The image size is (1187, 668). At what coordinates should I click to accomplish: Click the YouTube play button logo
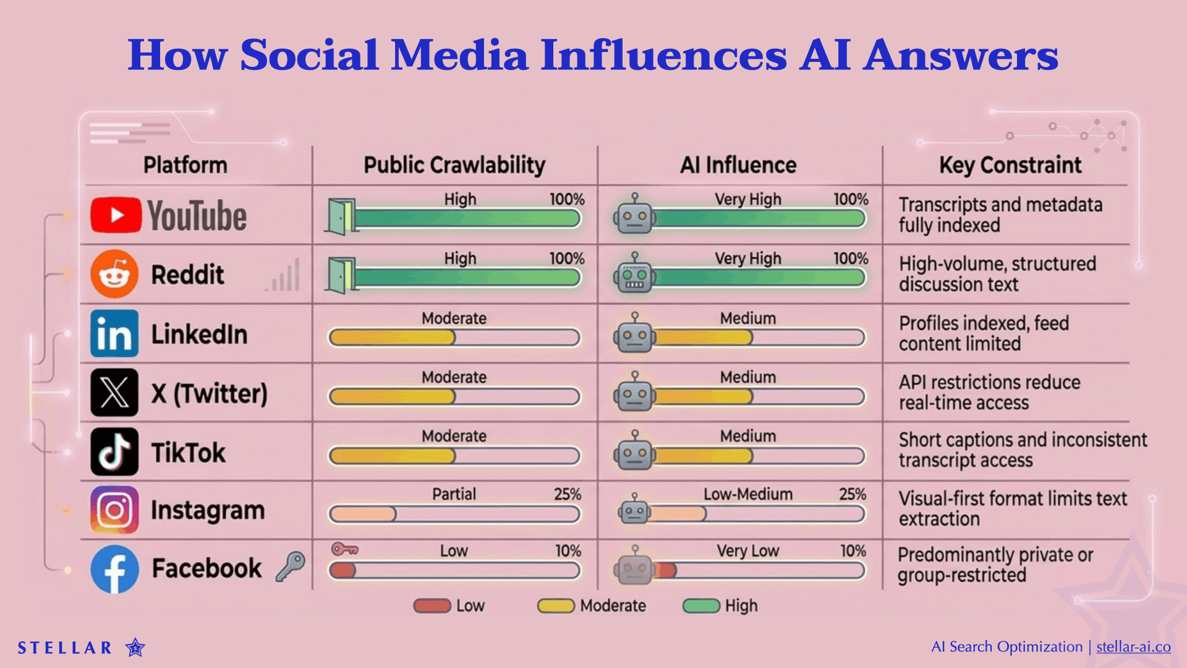pos(116,215)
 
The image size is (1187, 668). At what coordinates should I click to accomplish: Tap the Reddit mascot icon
pos(114,274)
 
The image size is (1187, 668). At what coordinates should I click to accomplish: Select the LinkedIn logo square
pos(114,334)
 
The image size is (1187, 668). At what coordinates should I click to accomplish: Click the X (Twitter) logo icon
pos(114,393)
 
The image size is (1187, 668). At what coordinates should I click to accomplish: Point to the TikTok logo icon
pos(114,452)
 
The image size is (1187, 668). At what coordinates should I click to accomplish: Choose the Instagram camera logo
pos(114,510)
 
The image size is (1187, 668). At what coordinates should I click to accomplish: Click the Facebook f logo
pos(114,569)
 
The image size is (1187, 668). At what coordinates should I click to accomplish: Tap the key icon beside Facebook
pos(290,565)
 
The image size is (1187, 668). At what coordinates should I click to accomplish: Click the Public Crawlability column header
pos(454,165)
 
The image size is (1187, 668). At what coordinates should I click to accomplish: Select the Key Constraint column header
pos(1010,165)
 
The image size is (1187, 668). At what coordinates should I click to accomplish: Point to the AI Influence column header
pos(738,165)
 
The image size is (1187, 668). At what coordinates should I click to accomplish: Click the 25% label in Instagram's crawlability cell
pos(567,494)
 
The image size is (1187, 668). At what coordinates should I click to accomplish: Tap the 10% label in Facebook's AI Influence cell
pos(853,551)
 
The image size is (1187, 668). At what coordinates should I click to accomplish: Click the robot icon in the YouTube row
pos(634,215)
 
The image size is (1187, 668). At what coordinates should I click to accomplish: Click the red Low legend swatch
pos(432,606)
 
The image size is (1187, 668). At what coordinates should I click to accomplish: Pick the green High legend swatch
pos(701,606)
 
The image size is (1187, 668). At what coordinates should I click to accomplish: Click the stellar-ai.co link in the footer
pos(1133,647)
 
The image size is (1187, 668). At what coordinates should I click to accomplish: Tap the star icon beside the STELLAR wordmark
pos(135,648)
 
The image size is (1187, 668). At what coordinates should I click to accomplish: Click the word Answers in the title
pos(961,55)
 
